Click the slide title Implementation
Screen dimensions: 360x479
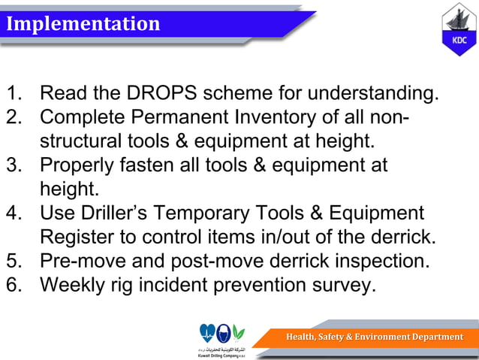[83, 24]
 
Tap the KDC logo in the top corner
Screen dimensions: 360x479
[458, 31]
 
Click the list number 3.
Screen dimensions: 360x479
[14, 165]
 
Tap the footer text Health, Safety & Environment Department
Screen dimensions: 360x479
[374, 337]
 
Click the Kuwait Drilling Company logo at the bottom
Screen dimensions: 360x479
[222, 340]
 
